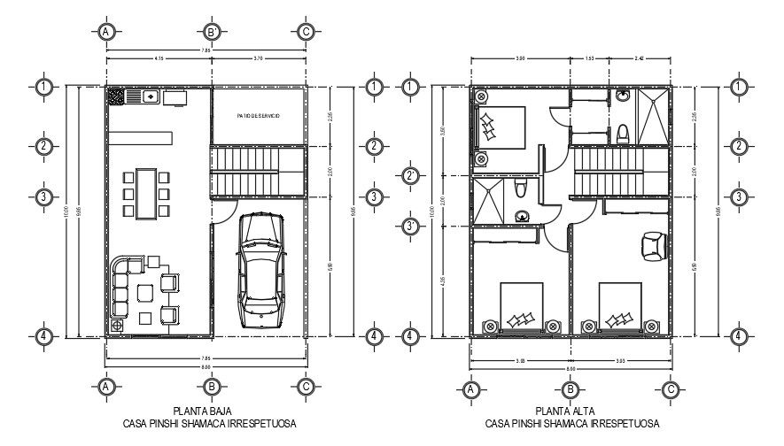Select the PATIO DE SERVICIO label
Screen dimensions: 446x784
point(258,116)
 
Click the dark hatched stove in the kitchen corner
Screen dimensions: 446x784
point(116,96)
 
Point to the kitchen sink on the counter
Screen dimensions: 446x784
point(150,96)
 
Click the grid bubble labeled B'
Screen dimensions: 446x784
point(213,32)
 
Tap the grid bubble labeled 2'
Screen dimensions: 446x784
point(410,176)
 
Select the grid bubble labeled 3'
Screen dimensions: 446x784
point(410,227)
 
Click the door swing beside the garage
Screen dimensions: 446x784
point(226,210)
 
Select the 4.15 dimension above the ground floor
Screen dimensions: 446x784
point(159,58)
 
